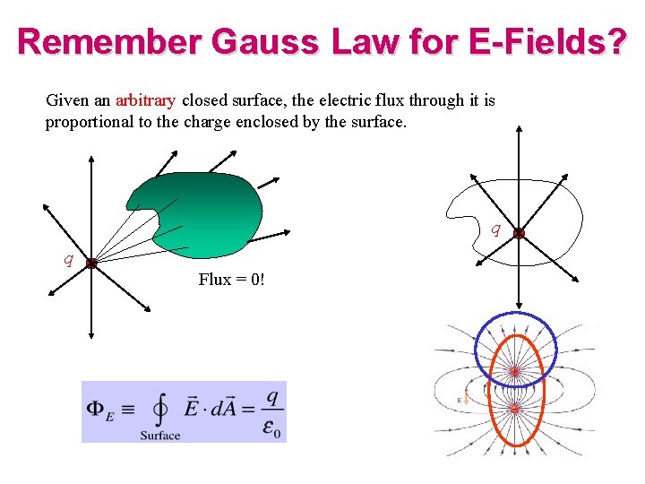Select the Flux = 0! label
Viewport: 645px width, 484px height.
pos(231,280)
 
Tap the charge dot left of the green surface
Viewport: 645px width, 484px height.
pos(91,263)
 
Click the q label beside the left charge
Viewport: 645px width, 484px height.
pos(67,260)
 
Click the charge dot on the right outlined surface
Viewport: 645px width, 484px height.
pos(519,233)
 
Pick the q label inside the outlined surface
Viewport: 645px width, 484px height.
pos(495,229)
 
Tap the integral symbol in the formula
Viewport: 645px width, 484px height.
pos(160,411)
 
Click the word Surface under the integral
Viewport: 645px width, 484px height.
pos(160,436)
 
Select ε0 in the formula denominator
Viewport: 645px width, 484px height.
pos(272,428)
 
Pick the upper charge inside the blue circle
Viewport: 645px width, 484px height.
pos(514,370)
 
